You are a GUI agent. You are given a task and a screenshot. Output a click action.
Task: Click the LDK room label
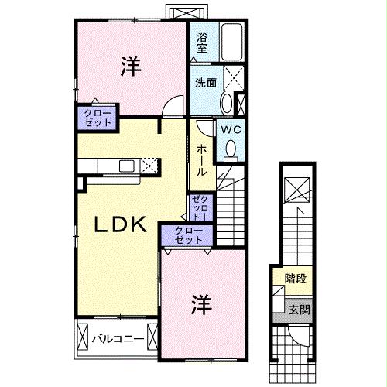pyautogui.click(x=121, y=224)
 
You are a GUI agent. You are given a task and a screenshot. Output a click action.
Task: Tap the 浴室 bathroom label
pyautogui.click(x=201, y=43)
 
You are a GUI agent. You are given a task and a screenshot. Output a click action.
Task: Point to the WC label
pyautogui.click(x=231, y=131)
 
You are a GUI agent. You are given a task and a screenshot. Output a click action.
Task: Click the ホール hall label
pyautogui.click(x=200, y=159)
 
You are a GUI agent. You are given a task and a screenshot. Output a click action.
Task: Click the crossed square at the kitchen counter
pyautogui.click(x=149, y=165)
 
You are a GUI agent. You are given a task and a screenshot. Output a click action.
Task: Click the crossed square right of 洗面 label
pyautogui.click(x=232, y=78)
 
